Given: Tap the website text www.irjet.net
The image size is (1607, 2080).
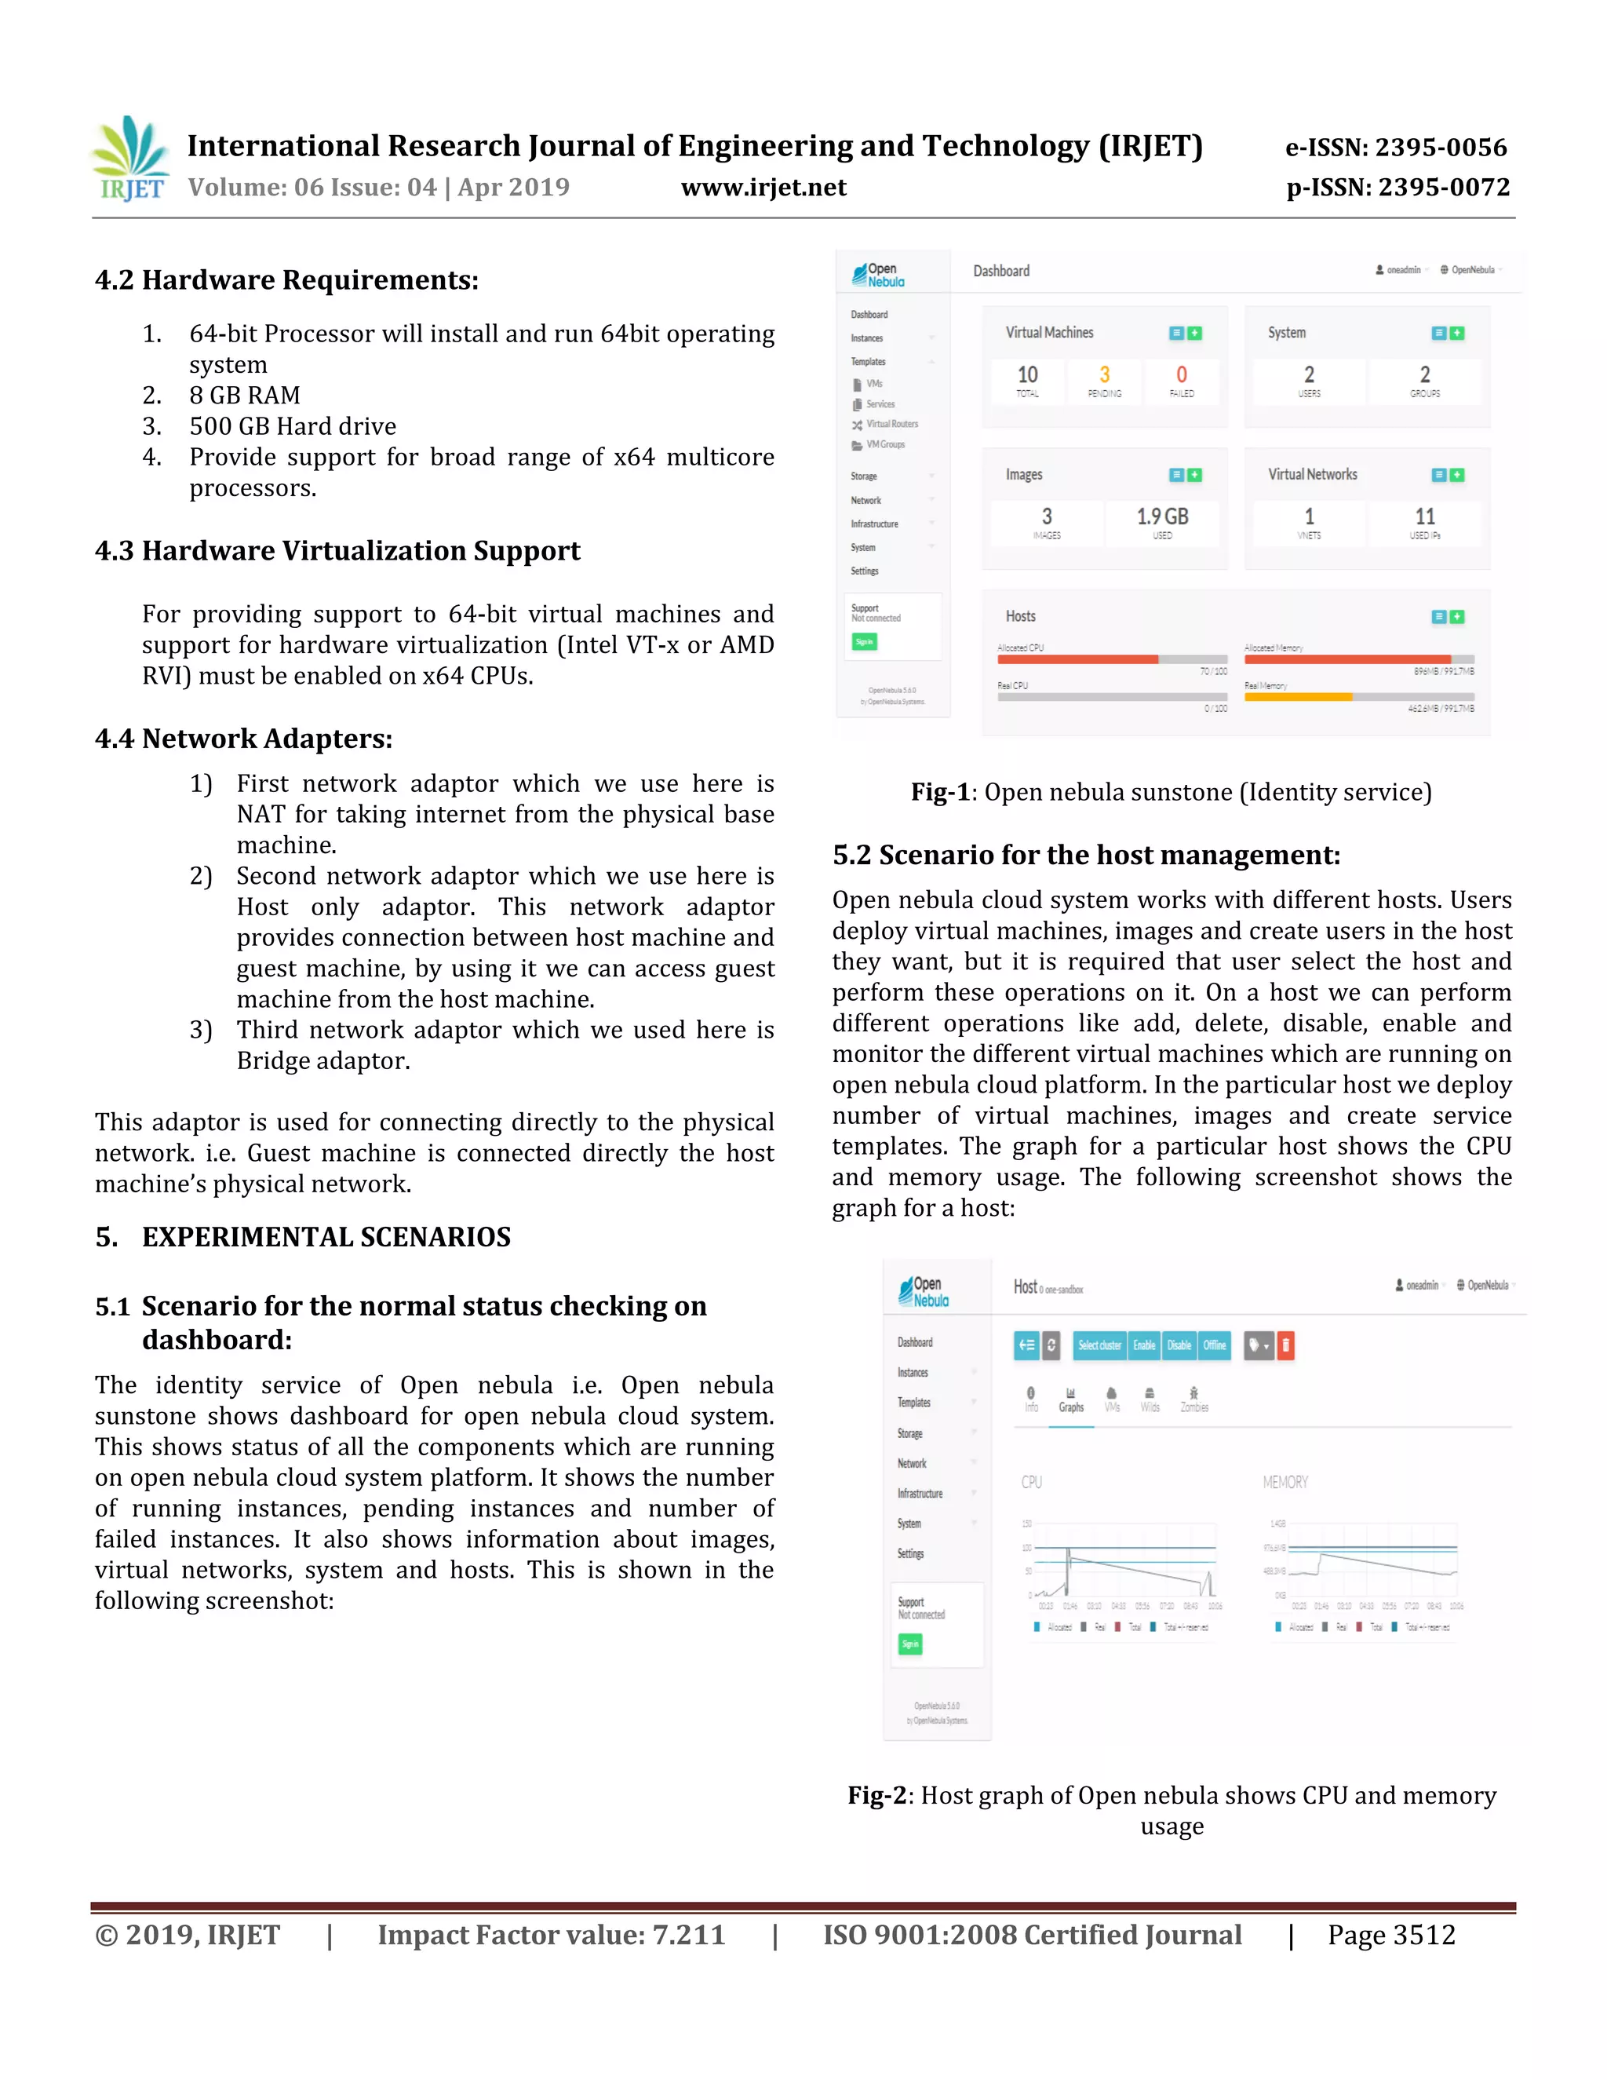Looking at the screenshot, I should (763, 188).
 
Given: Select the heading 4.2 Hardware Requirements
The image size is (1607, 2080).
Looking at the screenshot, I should (286, 280).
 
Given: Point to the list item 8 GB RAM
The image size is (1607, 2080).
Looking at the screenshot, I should (245, 396).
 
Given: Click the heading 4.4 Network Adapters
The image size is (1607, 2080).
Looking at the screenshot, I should (244, 739).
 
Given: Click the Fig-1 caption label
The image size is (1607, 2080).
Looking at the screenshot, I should (939, 793).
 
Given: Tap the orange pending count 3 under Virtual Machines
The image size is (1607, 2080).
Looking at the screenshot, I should (1104, 375).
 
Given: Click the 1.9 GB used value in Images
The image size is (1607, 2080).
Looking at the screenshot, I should (1162, 517).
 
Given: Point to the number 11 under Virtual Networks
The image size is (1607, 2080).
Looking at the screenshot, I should (1424, 517).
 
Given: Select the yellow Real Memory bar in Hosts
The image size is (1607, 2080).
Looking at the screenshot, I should (1298, 697).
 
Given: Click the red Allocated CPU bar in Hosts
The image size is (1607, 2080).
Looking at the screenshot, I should (1077, 659).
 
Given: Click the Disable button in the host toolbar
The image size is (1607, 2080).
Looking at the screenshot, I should (1179, 1345).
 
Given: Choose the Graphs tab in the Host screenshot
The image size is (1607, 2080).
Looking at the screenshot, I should (1071, 1400).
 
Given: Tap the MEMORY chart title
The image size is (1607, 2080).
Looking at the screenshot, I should (1285, 1483).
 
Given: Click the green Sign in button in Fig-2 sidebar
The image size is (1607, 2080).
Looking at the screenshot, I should (910, 1644).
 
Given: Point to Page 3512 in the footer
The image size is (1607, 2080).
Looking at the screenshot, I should (1391, 1936).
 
